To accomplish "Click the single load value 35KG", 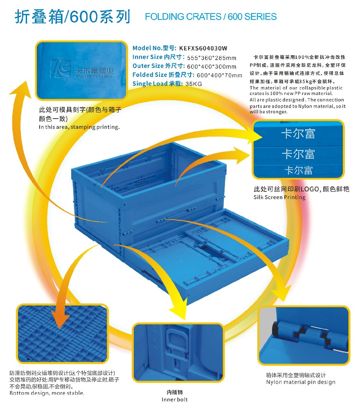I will pyautogui.click(x=194, y=84).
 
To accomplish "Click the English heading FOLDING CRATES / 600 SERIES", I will pyautogui.click(x=211, y=17).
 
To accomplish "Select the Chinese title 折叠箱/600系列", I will pyautogui.click(x=72, y=17).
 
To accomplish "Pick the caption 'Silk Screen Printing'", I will pyautogui.click(x=280, y=197).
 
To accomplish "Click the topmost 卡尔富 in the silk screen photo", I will pyautogui.click(x=298, y=134).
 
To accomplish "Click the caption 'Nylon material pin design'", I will pyautogui.click(x=301, y=382).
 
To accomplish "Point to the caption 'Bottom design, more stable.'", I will pyautogui.click(x=47, y=393).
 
